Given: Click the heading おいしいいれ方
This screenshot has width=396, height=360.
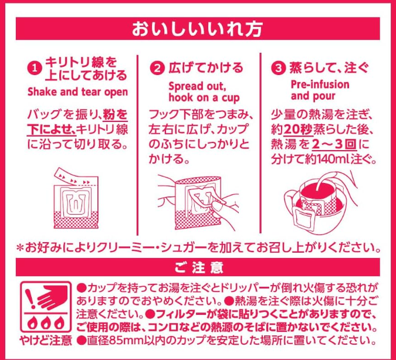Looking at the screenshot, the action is pyautogui.click(x=197, y=29).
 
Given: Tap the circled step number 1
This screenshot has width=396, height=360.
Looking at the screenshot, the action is pyautogui.click(x=35, y=69).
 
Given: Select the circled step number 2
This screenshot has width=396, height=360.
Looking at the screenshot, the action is pyautogui.click(x=157, y=68).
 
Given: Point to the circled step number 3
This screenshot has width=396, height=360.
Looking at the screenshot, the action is pyautogui.click(x=279, y=68).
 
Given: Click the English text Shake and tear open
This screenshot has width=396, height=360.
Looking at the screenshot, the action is pyautogui.click(x=78, y=92).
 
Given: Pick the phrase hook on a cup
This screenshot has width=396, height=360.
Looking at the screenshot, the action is pyautogui.click(x=204, y=98).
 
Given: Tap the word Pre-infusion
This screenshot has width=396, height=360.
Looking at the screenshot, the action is pyautogui.click(x=320, y=84).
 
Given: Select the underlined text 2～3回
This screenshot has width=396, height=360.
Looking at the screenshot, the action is pyautogui.click(x=334, y=145).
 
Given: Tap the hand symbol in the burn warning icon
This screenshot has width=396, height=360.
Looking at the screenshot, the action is pyautogui.click(x=53, y=297).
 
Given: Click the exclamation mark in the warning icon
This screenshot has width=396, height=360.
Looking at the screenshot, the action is pyautogui.click(x=31, y=299).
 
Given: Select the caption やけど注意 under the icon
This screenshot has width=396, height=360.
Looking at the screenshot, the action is pyautogui.click(x=46, y=340).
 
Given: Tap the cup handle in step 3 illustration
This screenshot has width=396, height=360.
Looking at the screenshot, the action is pyautogui.click(x=290, y=199).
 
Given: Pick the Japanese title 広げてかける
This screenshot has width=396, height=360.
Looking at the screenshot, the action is pyautogui.click(x=206, y=68).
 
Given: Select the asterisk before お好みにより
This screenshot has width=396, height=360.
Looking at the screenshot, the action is pyautogui.click(x=20, y=248).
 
